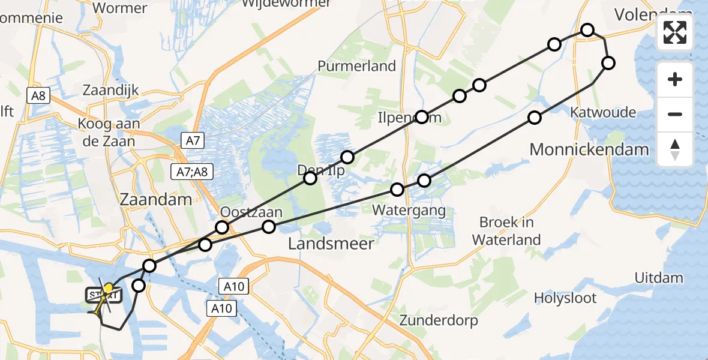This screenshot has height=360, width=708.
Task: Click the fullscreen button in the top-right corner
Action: coord(675,32)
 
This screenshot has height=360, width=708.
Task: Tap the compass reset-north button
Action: coord(675,149)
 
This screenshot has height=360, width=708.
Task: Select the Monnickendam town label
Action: coord(589,149)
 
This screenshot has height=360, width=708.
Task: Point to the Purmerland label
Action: coord(357,66)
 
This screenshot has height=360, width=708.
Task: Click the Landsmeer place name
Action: coord(331,243)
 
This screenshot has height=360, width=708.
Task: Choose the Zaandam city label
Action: coord(155,199)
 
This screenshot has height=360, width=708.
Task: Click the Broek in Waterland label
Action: coord(506,231)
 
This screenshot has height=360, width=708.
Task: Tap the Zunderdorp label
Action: coord(439,320)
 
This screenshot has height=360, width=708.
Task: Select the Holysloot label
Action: coord(565,298)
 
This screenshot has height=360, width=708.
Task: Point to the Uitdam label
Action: coord(659,277)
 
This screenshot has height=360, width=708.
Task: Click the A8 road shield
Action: coord(38,94)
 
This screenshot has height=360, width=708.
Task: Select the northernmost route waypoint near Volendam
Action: coord(587,30)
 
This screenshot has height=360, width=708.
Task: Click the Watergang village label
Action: coord(409,210)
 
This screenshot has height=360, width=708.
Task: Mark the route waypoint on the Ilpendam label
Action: coord(422,117)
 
